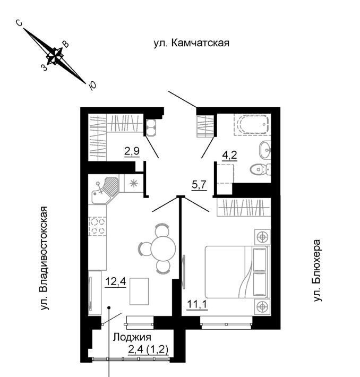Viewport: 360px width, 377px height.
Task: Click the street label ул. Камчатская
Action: tap(191, 43)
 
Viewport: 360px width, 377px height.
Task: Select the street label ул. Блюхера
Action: tap(318, 271)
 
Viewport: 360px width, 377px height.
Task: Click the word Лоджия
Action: tap(132, 337)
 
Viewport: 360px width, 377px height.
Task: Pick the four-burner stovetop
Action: tap(96, 227)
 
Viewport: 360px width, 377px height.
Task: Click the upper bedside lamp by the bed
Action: tap(262, 236)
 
